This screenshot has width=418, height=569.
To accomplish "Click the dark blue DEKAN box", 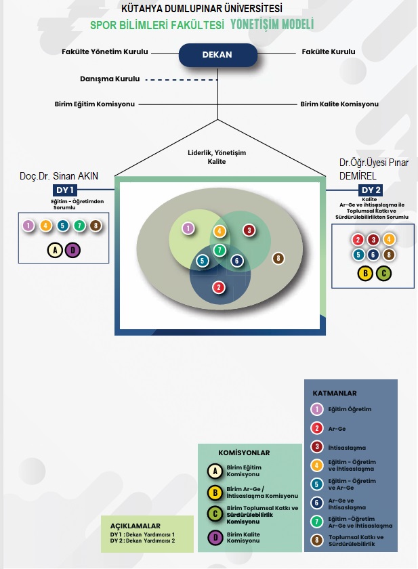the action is click(x=217, y=55).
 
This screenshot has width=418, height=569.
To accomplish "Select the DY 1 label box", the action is click(x=65, y=190).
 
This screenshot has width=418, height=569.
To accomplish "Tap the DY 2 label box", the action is click(x=371, y=190).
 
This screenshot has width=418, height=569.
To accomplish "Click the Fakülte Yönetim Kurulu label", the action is click(x=105, y=52).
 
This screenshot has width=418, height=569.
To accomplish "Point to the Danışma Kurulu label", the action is click(x=110, y=79).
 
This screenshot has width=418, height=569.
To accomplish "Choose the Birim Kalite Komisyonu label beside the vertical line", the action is click(x=339, y=104).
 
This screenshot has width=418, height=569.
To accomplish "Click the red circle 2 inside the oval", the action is click(x=218, y=287).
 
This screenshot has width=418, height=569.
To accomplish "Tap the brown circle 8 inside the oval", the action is click(x=278, y=258).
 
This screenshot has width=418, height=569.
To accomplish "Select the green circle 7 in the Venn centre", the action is click(x=220, y=250).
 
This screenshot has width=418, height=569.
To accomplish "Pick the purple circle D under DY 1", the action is click(x=72, y=250).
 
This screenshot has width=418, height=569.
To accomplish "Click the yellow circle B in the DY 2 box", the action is click(x=365, y=273).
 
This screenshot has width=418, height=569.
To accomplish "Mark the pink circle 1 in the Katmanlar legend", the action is click(x=317, y=409).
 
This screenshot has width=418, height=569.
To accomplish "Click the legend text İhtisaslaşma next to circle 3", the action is click(x=347, y=448).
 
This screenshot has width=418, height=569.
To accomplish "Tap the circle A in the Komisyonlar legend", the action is click(x=215, y=471).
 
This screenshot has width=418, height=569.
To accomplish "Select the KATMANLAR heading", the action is click(x=335, y=393).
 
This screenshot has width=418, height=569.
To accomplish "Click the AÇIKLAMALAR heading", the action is click(x=135, y=526).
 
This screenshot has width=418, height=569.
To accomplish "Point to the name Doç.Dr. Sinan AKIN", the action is click(x=59, y=176).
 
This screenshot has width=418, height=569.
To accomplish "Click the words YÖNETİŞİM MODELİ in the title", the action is click(x=272, y=24).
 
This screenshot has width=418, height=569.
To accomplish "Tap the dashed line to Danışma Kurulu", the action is click(x=182, y=79).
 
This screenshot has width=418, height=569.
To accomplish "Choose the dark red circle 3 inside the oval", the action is click(x=249, y=230).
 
